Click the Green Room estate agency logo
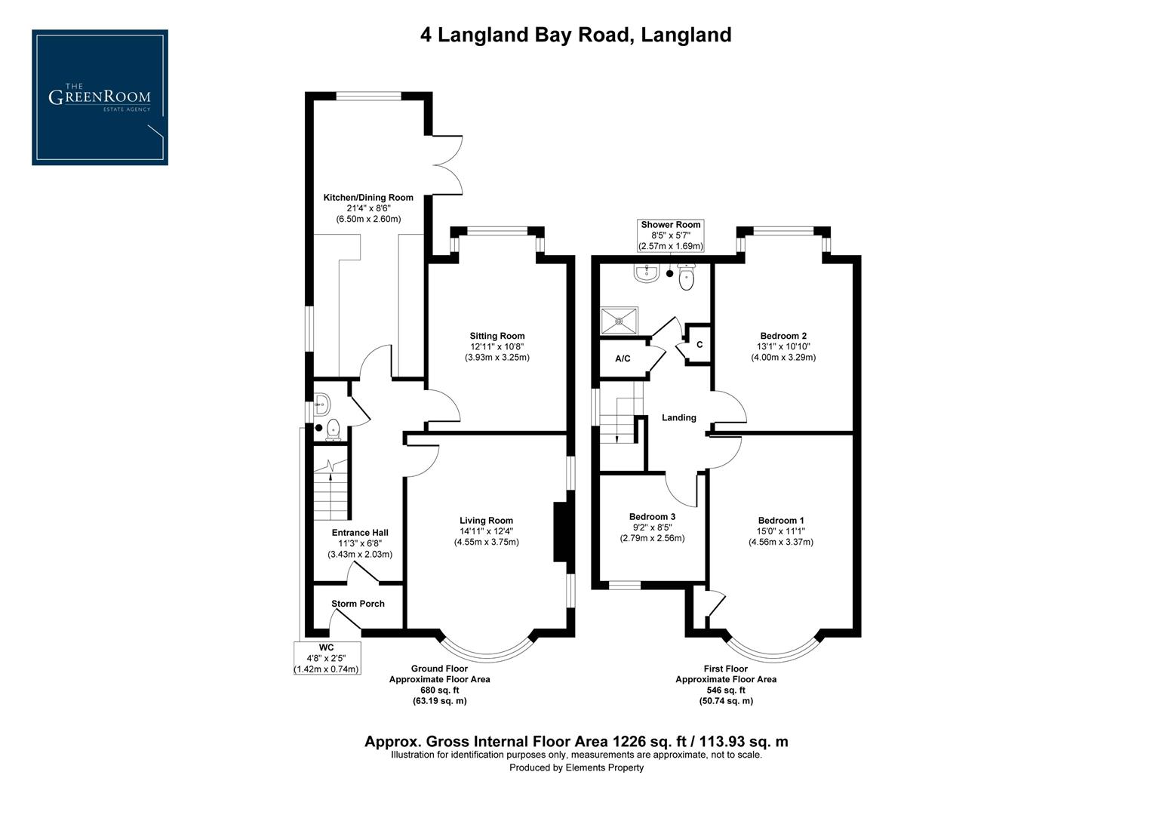click(100, 97)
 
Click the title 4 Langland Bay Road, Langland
click(576, 35)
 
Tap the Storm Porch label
click(358, 604)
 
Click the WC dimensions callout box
click(326, 659)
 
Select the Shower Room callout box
click(670, 235)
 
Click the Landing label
click(678, 418)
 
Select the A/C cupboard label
click(623, 359)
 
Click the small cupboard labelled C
click(699, 345)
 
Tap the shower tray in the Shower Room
click(619, 320)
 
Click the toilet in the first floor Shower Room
click(686, 278)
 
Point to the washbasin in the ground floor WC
click(321, 405)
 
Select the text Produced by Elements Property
click(576, 768)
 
